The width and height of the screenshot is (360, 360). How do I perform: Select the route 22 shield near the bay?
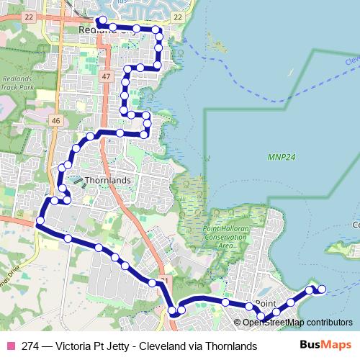178,16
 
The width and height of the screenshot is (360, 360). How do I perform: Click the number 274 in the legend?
31,346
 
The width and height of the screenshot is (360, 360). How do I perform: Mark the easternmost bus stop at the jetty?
322,289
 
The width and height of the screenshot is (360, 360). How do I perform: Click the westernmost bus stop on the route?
41,220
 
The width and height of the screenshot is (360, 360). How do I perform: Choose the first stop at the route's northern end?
102,20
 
